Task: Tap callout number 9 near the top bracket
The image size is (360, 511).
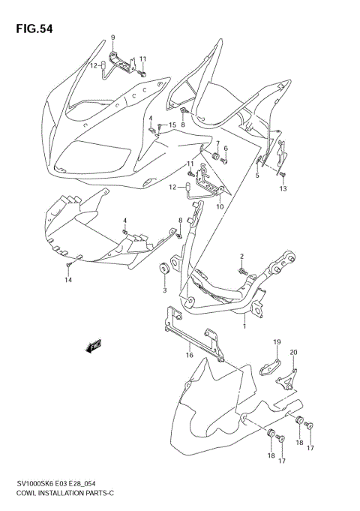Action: pos(113,38)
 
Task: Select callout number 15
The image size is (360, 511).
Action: pos(172,125)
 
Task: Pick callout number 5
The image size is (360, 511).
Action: pos(256,176)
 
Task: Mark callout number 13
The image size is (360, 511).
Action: pos(283,189)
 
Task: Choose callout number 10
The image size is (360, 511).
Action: pos(220,206)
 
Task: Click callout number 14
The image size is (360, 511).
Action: pos(67,280)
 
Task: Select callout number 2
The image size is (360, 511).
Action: pos(241,257)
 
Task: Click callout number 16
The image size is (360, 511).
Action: pos(190,355)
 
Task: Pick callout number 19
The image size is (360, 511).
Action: pos(276,342)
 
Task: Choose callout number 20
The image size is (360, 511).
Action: pos(294,353)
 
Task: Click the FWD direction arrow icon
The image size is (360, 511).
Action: pos(94,346)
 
